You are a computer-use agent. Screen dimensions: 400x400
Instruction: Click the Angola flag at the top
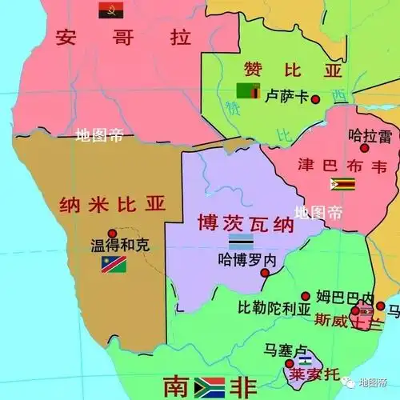coord(110,10)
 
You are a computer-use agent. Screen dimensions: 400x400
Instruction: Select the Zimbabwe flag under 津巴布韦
coord(343,184)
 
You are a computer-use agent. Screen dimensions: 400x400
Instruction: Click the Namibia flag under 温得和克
coord(114,265)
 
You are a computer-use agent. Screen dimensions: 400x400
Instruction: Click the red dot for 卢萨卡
coord(315,99)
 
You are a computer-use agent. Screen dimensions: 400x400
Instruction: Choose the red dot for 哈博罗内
coord(265,273)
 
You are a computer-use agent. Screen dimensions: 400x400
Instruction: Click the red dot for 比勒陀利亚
coord(305,295)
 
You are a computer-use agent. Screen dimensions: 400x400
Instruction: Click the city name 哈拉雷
coord(370,136)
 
